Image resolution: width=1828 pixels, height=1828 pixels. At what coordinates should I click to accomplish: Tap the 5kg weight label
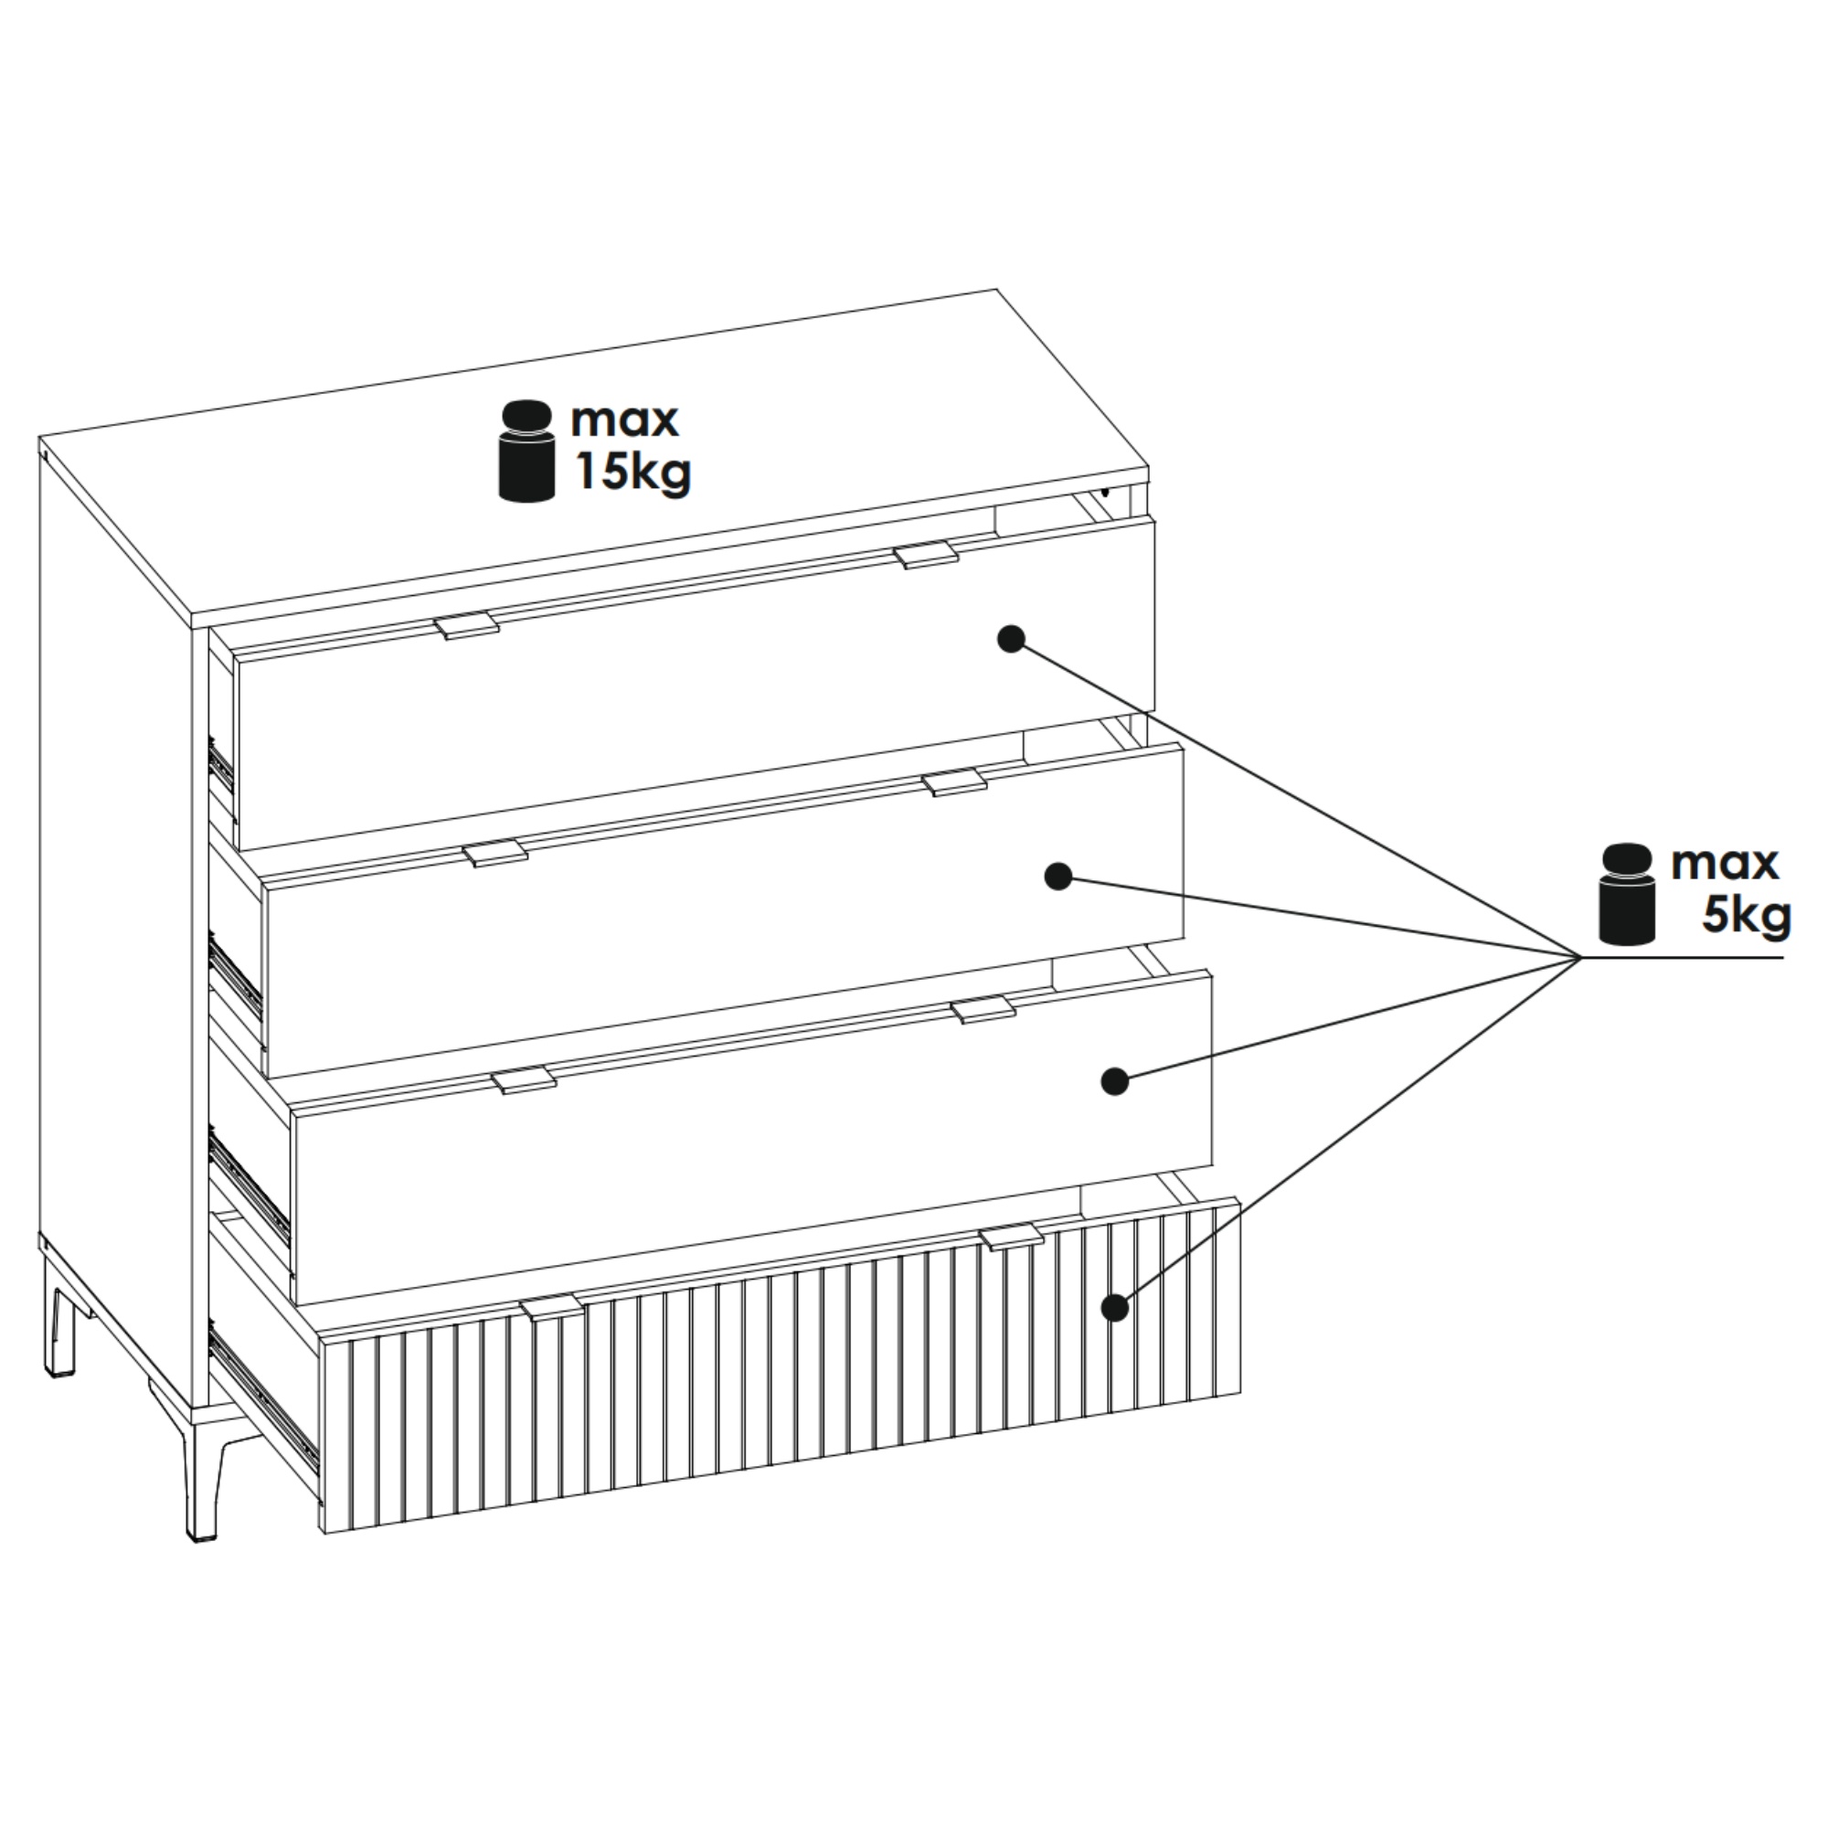tap(1747, 915)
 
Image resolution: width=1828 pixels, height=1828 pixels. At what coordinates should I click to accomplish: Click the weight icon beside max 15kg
tap(526, 451)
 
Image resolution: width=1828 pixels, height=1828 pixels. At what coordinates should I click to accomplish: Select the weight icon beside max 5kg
tap(1627, 893)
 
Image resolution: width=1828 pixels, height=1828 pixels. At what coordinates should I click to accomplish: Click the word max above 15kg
tap(624, 421)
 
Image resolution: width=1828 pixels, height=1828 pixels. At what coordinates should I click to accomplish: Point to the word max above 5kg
tap(1725, 864)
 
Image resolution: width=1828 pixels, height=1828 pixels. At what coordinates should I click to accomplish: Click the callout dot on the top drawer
tap(1011, 640)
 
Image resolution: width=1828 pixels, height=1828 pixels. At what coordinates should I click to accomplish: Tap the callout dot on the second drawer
tap(1058, 877)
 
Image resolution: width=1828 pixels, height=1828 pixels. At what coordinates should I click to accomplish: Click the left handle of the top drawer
tap(466, 625)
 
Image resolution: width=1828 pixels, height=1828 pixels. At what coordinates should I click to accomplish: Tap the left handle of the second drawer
tap(494, 853)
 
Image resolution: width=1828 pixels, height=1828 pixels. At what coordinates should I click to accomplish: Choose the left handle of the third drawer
tap(523, 1079)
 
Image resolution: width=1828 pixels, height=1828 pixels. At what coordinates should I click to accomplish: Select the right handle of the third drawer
tap(983, 1010)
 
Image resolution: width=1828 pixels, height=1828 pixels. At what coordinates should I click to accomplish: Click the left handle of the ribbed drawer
tap(553, 1308)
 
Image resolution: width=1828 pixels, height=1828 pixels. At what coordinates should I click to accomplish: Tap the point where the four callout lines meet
tap(1578, 958)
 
